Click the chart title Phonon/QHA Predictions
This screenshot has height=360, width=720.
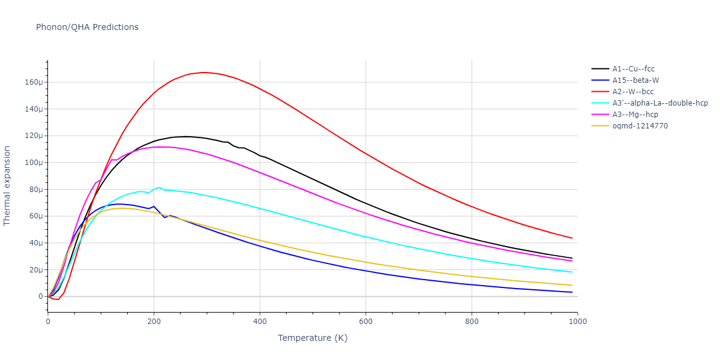[87, 27]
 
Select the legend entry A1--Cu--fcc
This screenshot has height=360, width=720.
[633, 69]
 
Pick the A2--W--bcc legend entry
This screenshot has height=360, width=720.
[632, 92]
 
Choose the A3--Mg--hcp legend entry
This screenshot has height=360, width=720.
[634, 115]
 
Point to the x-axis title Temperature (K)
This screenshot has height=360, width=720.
[313, 338]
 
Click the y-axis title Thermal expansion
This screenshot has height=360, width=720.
[7, 185]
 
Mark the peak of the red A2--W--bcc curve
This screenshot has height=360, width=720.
[204, 73]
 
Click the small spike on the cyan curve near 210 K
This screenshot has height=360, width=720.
[159, 187]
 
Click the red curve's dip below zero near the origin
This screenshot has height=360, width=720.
[57, 299]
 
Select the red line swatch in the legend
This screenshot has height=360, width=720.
[599, 92]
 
